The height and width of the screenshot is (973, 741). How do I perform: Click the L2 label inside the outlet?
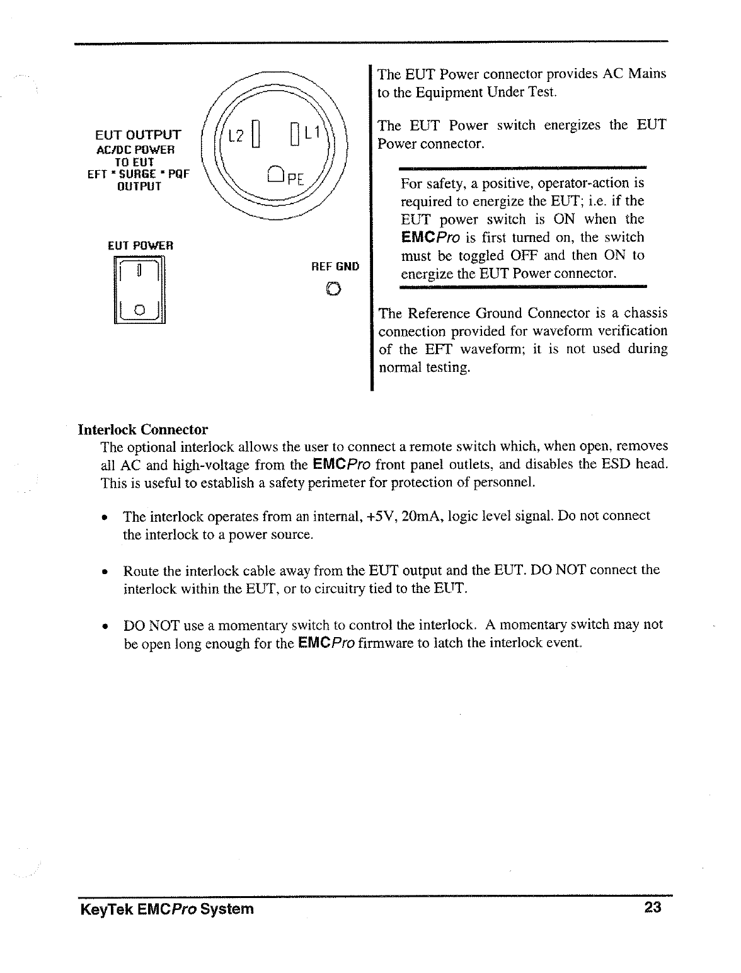(236, 135)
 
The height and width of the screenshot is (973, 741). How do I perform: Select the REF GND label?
(335, 267)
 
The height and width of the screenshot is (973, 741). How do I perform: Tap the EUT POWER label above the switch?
(140, 245)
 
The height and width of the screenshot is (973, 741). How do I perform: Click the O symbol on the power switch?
(140, 309)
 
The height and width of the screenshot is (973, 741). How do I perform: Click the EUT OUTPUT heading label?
(137, 135)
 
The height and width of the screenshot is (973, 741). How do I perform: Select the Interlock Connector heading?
(142, 430)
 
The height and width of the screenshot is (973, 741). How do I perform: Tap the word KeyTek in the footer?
(103, 909)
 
